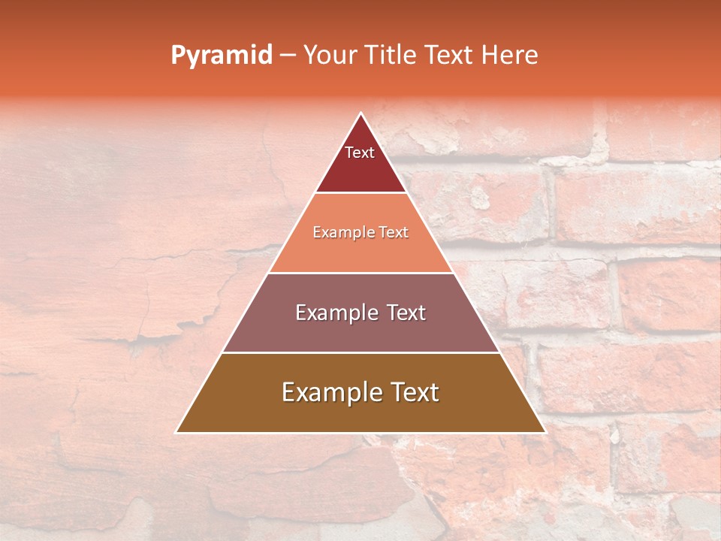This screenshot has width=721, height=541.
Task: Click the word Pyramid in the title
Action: pos(222,55)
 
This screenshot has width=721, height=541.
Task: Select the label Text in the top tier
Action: pos(360,153)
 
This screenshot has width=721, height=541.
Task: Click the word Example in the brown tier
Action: pos(327,392)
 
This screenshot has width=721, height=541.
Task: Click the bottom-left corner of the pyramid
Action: pos(177,431)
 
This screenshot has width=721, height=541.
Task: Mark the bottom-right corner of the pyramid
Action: pos(545,431)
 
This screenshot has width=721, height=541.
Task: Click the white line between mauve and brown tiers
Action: pos(360,352)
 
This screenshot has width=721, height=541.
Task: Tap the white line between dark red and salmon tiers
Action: pos(360,192)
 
